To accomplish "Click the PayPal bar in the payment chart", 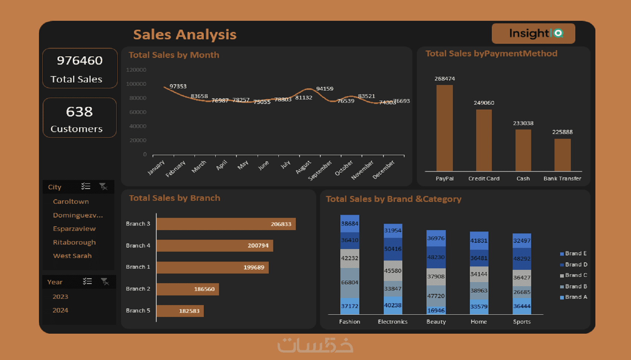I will coord(444,128).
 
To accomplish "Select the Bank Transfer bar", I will coord(562,155).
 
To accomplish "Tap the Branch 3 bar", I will coord(226,224).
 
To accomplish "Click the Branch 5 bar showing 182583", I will coord(180,311).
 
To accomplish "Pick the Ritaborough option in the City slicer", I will coord(74,242).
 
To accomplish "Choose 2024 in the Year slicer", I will coord(61,310).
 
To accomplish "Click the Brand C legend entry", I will coord(573,275).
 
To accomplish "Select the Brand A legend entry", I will coord(573,297).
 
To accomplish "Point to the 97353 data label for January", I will coord(178,86).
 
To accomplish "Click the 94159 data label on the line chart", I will coord(325,89).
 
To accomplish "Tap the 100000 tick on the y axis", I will coord(136,84).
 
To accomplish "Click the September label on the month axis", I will coord(320,170).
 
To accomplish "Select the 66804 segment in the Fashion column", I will coord(350,283).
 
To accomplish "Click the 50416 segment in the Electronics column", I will coord(393,249).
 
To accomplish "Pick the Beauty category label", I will coord(436,322).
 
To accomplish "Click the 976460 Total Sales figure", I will coord(80,60).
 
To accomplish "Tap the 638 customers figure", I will coord(79,112).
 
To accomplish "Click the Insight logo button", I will coord(533,33).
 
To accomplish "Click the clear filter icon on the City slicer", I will coord(103,186).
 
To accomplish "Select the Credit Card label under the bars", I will coord(484,179).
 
